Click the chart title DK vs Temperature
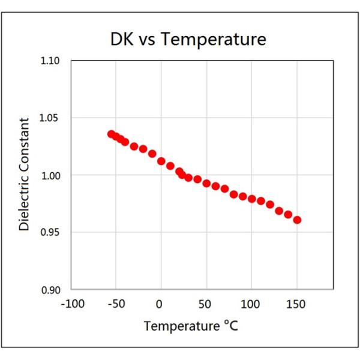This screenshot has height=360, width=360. (x=188, y=40)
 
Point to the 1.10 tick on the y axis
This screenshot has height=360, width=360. (x=52, y=61)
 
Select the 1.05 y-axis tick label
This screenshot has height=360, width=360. (x=52, y=118)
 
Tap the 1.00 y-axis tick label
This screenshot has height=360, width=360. (x=52, y=175)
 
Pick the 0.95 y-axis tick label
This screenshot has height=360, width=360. (x=52, y=233)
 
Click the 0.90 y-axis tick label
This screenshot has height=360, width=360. (x=52, y=290)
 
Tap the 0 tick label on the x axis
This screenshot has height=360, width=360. (x=160, y=304)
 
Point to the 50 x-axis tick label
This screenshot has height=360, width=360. (x=206, y=304)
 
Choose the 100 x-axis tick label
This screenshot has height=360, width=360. (x=251, y=304)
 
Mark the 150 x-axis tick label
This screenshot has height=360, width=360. (x=296, y=304)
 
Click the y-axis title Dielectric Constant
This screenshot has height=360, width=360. (x=24, y=175)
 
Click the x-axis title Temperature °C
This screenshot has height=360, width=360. (x=191, y=327)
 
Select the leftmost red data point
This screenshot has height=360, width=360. (x=111, y=134)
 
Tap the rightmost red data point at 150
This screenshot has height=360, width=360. (x=297, y=220)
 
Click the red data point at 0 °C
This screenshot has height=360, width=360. (x=161, y=161)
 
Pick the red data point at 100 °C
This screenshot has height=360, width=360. (x=252, y=199)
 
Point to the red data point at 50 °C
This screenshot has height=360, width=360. (x=206, y=184)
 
